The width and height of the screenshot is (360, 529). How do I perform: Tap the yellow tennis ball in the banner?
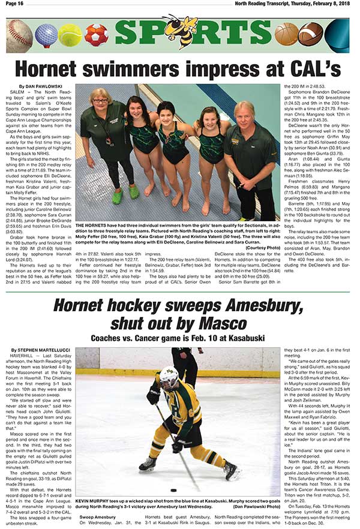click(x=70, y=35)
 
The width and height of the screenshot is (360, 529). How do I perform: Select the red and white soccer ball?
click(x=95, y=35)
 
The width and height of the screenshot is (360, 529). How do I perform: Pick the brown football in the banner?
click(x=310, y=34)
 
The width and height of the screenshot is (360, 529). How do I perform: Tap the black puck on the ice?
click(x=173, y=491)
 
